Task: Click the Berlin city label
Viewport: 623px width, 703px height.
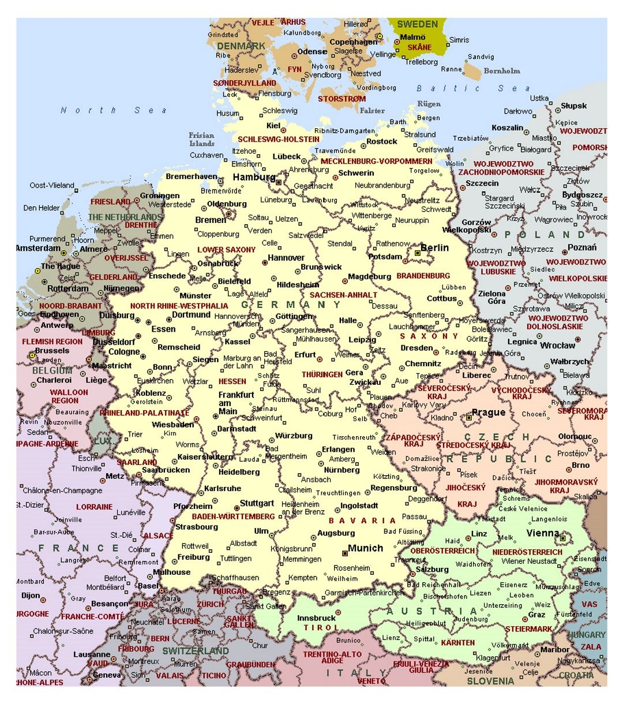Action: (x=434, y=248)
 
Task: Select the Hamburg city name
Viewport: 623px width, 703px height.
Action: (x=254, y=177)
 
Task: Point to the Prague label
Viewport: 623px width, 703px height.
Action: (x=488, y=412)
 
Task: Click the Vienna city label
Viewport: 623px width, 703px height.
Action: (x=542, y=533)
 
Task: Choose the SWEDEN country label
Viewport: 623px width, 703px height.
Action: (x=417, y=24)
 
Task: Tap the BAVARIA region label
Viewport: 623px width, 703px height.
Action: (x=362, y=520)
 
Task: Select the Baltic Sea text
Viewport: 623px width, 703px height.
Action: (x=473, y=88)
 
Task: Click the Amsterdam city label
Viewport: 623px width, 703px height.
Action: (x=38, y=248)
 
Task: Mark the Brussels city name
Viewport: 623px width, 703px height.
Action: (x=52, y=351)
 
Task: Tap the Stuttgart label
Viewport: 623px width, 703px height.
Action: (x=257, y=503)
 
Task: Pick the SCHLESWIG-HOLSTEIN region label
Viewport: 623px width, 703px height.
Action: (x=279, y=139)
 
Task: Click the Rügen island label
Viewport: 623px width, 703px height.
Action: (x=429, y=104)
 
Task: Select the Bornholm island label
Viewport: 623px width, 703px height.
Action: (x=501, y=71)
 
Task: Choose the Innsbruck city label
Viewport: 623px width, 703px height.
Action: (x=316, y=618)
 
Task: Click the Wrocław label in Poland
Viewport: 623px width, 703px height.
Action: (x=557, y=346)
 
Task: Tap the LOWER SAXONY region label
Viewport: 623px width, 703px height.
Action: (x=226, y=250)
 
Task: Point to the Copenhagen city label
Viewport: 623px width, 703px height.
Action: (x=353, y=42)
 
